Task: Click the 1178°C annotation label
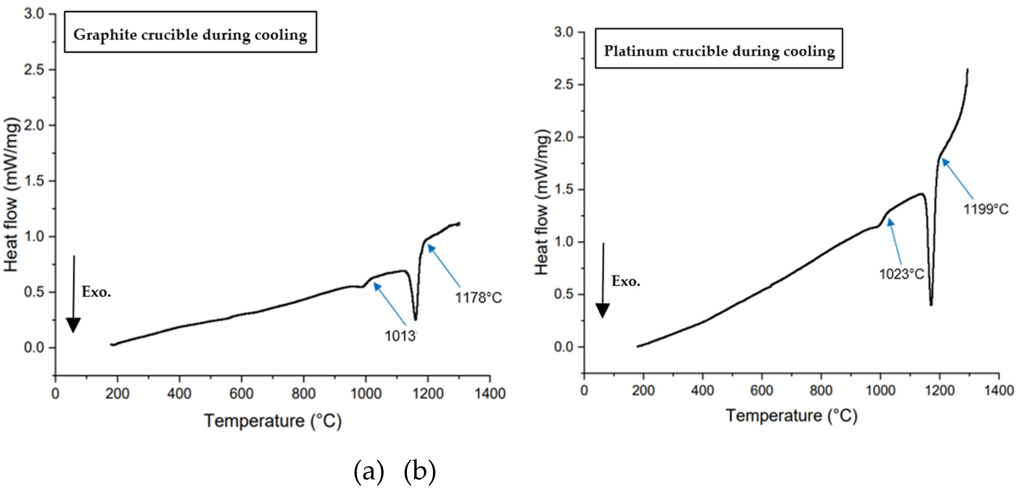click(x=478, y=297)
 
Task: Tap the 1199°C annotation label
click(x=986, y=209)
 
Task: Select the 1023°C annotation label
click(x=901, y=274)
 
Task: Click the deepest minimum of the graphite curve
click(x=415, y=319)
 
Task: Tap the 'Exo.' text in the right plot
click(x=626, y=281)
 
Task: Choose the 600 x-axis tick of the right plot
click(x=761, y=391)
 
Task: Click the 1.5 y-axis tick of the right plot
click(x=564, y=190)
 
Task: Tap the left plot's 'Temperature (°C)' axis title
click(x=273, y=421)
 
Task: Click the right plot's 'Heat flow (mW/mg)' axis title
click(x=542, y=202)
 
